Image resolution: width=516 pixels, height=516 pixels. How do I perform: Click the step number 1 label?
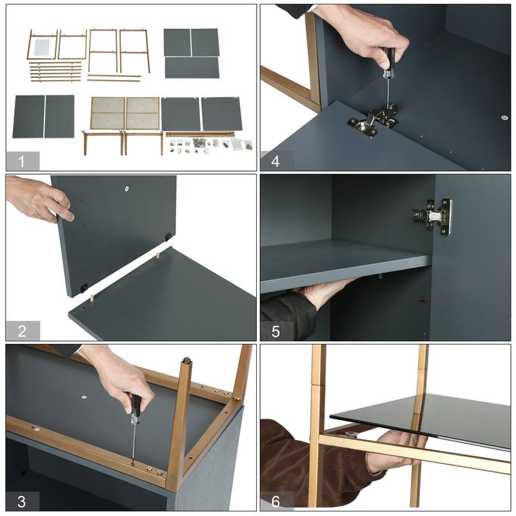[22, 162]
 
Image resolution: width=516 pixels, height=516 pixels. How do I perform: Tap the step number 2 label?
[22, 331]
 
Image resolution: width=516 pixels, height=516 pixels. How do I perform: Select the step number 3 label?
[22, 502]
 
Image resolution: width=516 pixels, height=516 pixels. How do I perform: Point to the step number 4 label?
[275, 162]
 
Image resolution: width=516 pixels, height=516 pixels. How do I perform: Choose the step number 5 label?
[276, 332]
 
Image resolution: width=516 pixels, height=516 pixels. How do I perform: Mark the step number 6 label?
[276, 502]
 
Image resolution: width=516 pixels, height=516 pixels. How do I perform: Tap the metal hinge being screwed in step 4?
[373, 120]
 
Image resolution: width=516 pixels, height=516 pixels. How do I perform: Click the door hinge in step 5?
[432, 217]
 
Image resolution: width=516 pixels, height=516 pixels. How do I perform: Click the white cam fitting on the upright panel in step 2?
[126, 188]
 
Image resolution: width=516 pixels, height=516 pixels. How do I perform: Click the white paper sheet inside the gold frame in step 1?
[42, 47]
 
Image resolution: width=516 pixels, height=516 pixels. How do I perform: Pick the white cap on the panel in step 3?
[84, 397]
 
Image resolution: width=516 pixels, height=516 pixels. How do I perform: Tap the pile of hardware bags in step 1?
[211, 146]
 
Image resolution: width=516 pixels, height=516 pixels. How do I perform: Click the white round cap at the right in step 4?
[504, 117]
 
